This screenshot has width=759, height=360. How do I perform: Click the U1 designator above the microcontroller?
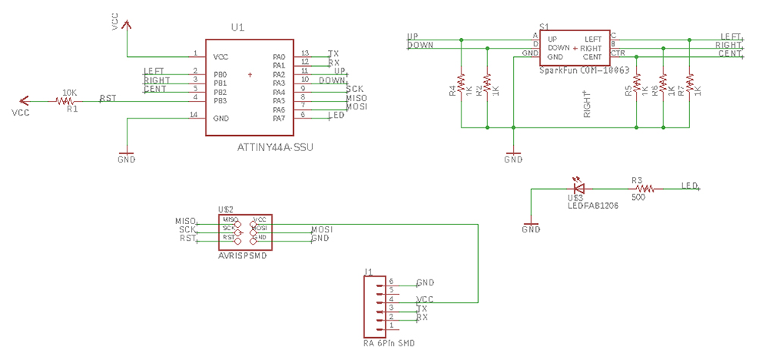(238, 27)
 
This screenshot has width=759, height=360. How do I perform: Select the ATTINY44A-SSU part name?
(275, 147)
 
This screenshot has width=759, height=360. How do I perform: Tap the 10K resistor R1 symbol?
(69, 101)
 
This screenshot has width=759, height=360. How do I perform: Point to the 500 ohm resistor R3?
(644, 188)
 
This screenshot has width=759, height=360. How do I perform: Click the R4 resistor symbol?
(461, 83)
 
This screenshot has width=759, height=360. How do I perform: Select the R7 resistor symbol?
(690, 83)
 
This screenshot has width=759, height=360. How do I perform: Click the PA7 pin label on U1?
(278, 118)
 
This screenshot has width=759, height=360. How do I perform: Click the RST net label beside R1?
(109, 98)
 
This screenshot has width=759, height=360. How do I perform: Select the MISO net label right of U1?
(355, 98)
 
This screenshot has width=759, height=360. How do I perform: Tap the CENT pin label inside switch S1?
(592, 57)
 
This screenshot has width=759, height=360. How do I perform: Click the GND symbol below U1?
(127, 156)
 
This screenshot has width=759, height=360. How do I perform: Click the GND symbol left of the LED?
(531, 226)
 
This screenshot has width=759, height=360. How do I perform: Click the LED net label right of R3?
(689, 185)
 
